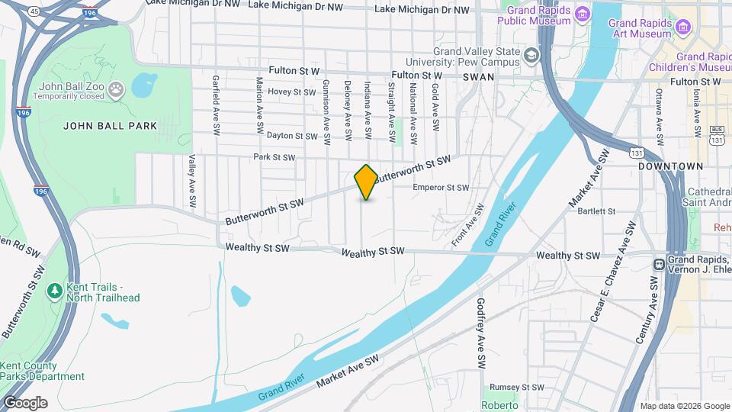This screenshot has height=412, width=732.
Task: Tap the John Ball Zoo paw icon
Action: point(116,91)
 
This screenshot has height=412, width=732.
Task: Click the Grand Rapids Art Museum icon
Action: point(682,29)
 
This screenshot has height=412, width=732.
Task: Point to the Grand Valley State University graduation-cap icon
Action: point(531,55)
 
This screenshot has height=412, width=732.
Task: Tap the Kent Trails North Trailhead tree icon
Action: point(54,291)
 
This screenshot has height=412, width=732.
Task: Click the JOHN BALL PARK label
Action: point(110,126)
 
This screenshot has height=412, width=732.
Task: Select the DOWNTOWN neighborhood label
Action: point(670,166)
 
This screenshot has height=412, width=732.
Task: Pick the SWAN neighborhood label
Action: point(477,77)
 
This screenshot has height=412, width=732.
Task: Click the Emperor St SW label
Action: point(441,187)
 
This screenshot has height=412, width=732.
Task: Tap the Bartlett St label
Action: point(596,211)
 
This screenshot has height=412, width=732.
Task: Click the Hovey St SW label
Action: point(291,92)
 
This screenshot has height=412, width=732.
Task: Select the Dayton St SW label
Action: point(291,136)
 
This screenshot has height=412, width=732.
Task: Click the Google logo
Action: point(25,403)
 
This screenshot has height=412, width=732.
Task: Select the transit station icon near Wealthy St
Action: point(658,264)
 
